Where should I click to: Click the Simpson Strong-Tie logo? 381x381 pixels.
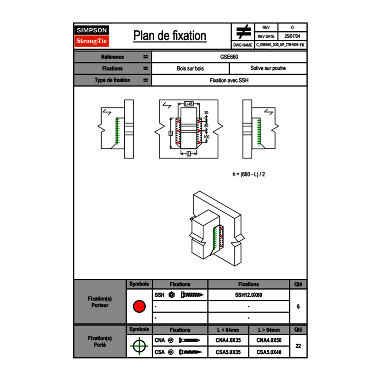point(92,36)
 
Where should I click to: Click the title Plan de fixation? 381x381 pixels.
point(170,36)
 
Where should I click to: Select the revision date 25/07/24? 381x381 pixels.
point(292,36)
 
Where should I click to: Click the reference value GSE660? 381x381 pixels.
point(229,57)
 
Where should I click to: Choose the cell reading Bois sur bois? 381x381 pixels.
point(190,68)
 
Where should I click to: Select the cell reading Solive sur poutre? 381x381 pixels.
point(268,68)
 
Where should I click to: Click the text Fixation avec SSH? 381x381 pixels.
point(229,80)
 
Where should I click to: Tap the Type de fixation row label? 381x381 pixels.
point(112,80)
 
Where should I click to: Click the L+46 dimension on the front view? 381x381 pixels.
point(188,104)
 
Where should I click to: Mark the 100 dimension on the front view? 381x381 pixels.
point(207,137)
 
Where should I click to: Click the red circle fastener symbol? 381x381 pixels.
point(139,307)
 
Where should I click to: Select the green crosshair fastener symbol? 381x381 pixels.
point(139,346)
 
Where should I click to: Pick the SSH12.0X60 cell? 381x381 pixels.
point(249,295)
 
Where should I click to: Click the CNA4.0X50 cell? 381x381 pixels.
point(269,340)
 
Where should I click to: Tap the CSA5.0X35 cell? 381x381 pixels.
point(228,352)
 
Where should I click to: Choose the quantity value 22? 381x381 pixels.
point(298,346)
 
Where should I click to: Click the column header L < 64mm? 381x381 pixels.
point(228,330)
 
